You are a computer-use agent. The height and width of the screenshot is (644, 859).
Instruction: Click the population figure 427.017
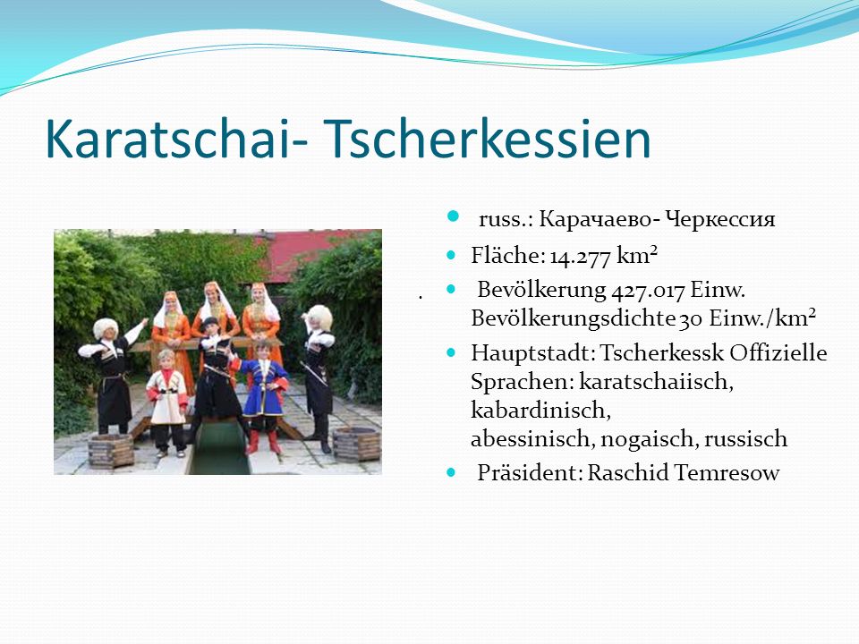point(648,290)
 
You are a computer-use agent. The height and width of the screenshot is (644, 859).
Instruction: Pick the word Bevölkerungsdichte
point(573,318)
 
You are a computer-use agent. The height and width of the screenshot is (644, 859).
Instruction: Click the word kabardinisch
point(540,411)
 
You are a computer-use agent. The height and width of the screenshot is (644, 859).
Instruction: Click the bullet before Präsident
point(451,472)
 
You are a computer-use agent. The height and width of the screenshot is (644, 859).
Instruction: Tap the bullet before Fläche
point(451,255)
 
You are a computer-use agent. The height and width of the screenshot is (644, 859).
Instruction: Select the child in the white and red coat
point(166,402)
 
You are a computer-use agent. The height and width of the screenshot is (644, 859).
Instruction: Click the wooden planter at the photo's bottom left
point(111,450)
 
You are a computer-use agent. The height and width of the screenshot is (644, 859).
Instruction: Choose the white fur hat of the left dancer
point(106,327)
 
